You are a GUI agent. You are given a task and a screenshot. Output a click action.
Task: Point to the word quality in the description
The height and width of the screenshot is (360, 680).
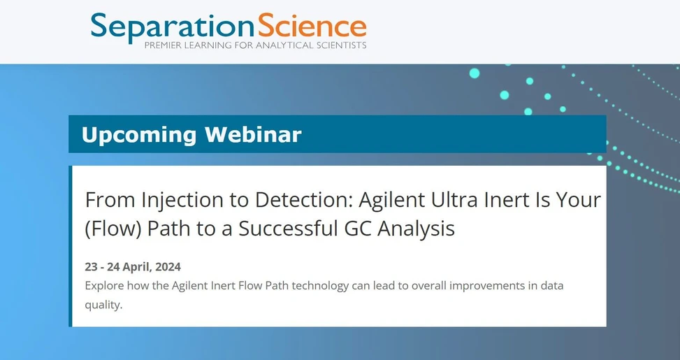tap(101, 305)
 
